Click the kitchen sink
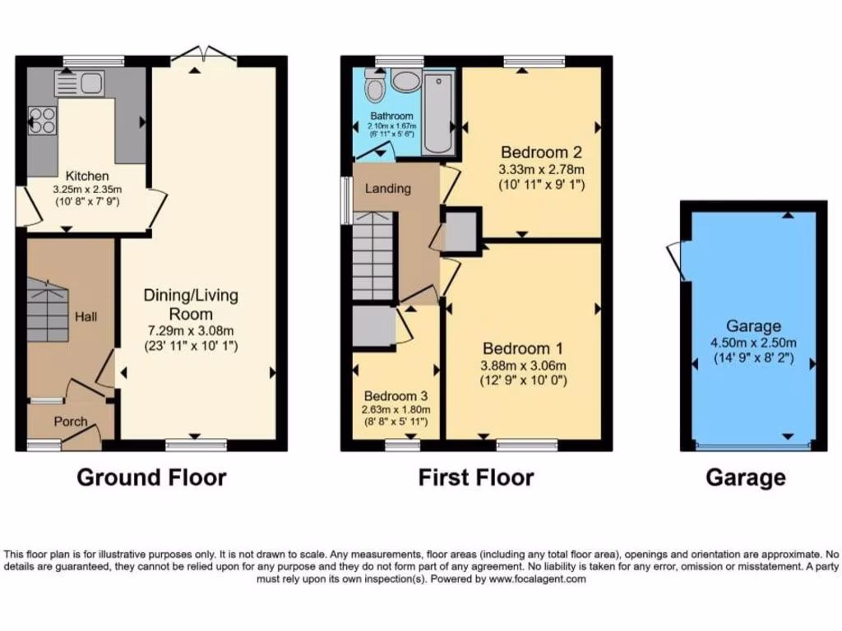point(79,82)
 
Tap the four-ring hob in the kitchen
point(42,121)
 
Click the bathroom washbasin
point(404,81)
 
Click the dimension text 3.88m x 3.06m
point(525,366)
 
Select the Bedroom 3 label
point(397,394)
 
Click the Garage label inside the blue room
point(753,326)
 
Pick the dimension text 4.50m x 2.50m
point(753,343)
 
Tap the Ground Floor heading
point(151,477)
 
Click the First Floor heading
point(476,477)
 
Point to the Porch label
point(71,421)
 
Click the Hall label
point(86,315)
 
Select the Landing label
point(388,188)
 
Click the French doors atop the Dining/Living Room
point(209,56)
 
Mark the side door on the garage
point(676,261)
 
